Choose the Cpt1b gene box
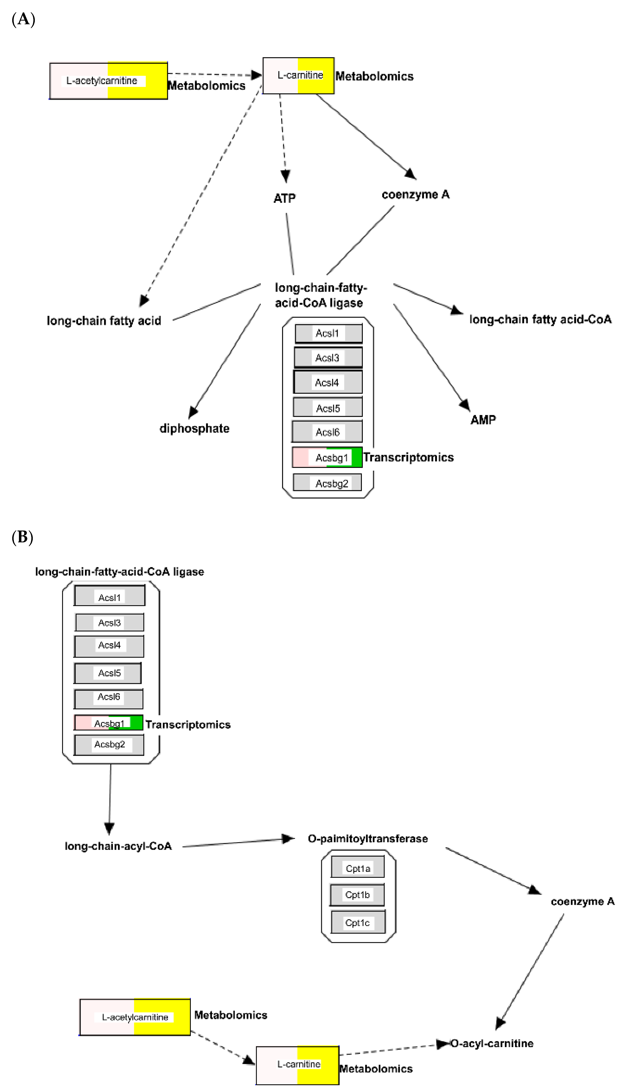coord(357,894)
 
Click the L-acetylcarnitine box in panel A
coord(109,81)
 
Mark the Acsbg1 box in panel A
coord(327,457)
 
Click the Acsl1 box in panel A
coord(328,333)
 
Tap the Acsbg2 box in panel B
coord(109,744)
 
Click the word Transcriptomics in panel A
coord(408,457)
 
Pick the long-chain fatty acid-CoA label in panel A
coord(540,319)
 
